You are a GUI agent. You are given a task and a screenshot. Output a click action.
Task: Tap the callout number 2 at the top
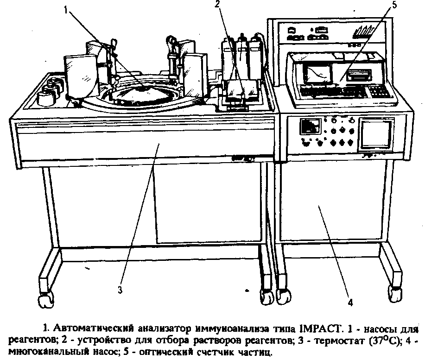pos(217,4)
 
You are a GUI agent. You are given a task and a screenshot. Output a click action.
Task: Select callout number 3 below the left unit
pos(120,291)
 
